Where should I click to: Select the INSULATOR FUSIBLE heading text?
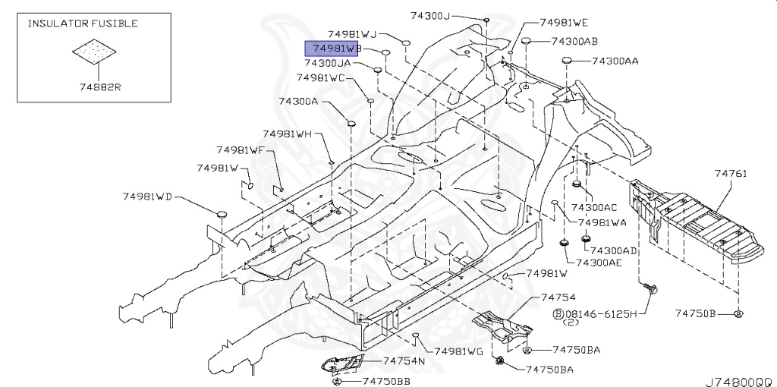click(x=83, y=24)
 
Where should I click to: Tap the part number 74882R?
click(x=101, y=87)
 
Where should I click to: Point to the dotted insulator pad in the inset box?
click(x=94, y=52)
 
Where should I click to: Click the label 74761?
click(x=731, y=174)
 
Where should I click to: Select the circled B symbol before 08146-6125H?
click(x=558, y=313)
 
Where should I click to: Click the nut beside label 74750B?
click(x=738, y=313)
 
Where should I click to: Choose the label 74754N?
click(x=404, y=360)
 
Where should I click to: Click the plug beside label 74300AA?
click(x=568, y=61)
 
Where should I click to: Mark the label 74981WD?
click(x=147, y=197)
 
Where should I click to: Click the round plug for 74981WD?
click(x=221, y=214)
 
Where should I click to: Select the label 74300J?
click(x=430, y=15)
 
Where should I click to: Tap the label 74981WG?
click(x=458, y=351)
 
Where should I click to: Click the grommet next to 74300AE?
click(x=564, y=243)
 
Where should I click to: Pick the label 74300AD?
click(x=613, y=251)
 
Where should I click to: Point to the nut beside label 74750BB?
click(x=336, y=381)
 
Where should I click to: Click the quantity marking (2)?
click(x=571, y=322)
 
